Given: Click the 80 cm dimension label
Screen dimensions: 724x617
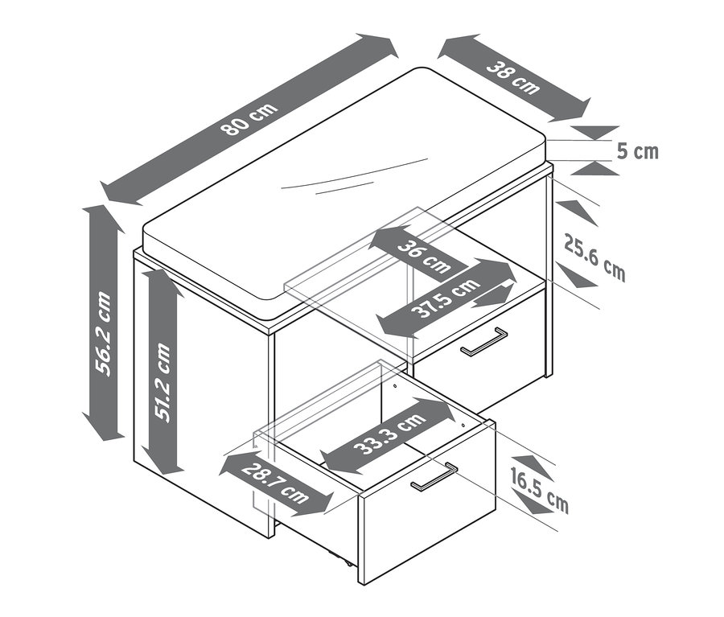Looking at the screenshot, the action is [250, 119].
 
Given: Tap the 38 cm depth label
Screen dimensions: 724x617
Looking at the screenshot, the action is [513, 78].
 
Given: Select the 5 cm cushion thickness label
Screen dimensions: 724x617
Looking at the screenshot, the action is [638, 151].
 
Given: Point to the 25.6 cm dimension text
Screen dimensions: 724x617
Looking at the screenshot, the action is [594, 257].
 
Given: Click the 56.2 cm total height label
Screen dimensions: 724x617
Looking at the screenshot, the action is [103, 334].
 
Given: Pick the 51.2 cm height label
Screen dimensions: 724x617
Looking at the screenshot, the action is [162, 381].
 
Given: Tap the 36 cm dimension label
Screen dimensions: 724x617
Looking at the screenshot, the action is [423, 257].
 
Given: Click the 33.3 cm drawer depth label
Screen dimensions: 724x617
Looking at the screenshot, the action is [389, 434].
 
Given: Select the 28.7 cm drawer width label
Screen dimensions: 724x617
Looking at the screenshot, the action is [275, 483].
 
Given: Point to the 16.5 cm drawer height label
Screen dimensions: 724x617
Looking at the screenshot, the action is [539, 490].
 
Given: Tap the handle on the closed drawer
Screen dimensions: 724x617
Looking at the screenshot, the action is [484, 342].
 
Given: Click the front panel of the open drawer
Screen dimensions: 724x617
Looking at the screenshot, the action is [427, 503].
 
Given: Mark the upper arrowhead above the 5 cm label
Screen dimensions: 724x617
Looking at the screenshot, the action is [594, 133].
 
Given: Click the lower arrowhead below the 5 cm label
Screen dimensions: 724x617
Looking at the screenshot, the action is [594, 168].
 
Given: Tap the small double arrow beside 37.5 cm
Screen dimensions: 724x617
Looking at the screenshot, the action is [493, 296].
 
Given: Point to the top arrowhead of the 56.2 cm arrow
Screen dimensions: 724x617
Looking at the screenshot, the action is [104, 219].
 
